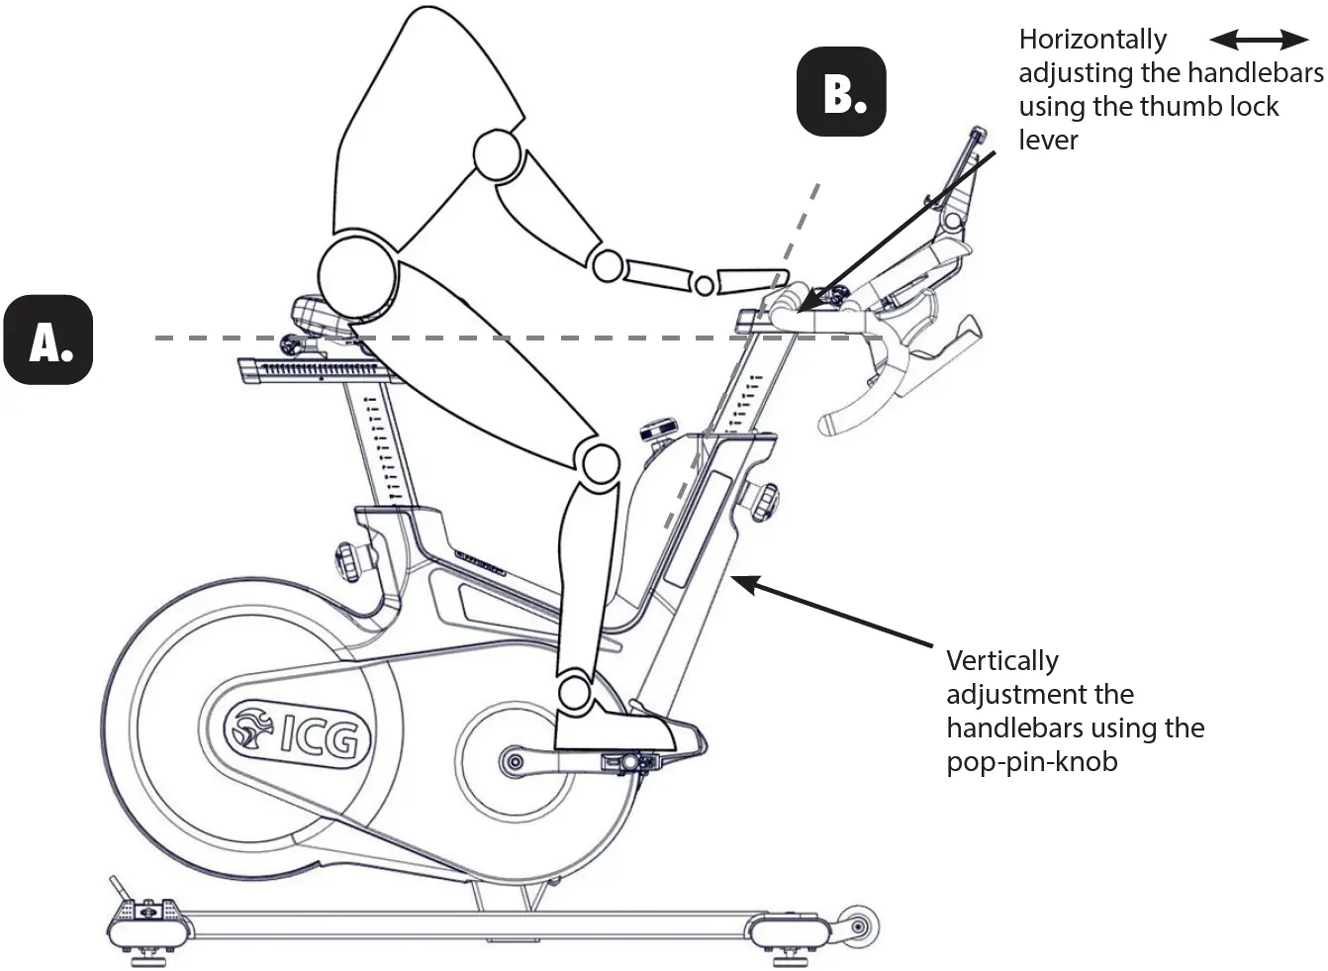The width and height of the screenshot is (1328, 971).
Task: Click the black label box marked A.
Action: (47, 340)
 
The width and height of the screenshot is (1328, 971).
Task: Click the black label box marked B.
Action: (841, 91)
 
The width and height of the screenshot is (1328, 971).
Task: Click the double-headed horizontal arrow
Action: (1259, 40)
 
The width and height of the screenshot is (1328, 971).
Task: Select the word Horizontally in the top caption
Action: (1092, 40)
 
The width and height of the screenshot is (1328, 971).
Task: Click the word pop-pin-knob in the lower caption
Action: (1031, 762)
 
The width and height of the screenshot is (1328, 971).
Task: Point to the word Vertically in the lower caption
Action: (1001, 660)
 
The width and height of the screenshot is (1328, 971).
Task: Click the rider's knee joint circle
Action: (596, 462)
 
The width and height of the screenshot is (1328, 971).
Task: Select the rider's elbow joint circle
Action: (607, 265)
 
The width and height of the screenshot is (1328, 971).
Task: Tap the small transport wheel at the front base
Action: (857, 928)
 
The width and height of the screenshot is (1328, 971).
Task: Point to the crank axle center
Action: (513, 761)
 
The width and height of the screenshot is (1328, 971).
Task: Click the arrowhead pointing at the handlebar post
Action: (745, 583)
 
